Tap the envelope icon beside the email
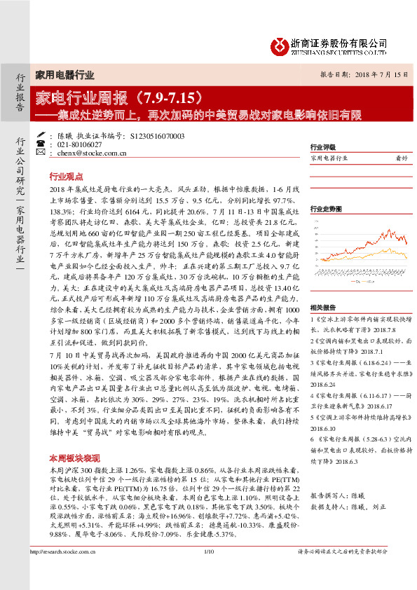point(53,152)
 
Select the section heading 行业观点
point(66,177)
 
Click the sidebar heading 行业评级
point(322,148)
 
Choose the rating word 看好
point(401,159)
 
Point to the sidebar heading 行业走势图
point(325,209)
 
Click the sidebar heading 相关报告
point(322,307)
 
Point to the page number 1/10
point(208,572)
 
